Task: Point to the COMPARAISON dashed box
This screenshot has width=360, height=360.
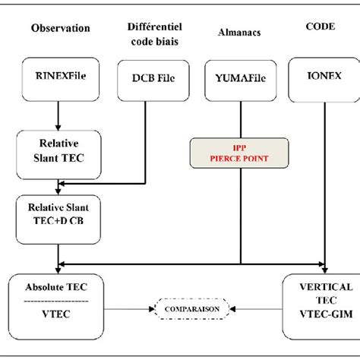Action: [186, 310]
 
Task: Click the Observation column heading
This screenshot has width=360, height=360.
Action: [61, 28]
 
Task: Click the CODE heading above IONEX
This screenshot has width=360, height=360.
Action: [320, 25]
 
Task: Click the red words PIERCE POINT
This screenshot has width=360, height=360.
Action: [241, 159]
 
